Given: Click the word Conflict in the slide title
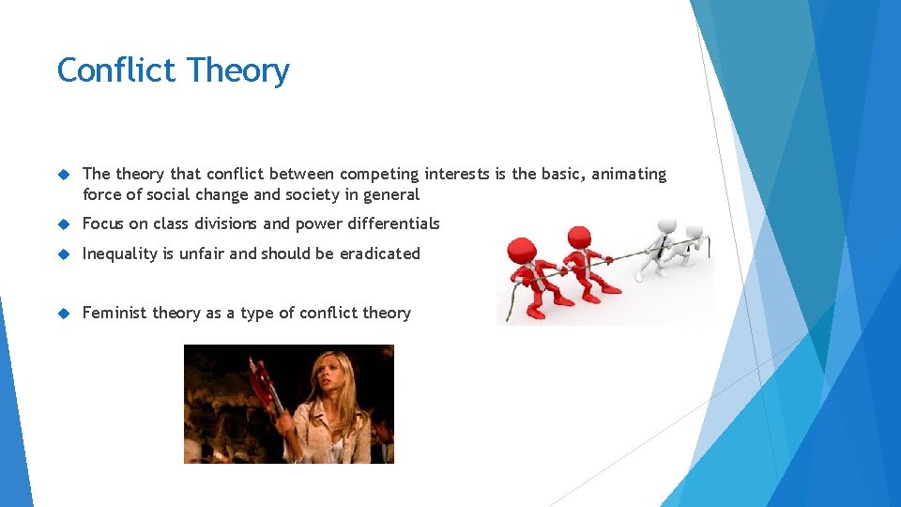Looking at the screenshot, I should pos(117,70).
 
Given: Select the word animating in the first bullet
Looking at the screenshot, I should pos(629,175).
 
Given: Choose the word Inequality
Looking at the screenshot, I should pos(121,253).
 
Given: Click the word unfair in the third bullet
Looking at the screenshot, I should pos(201,253).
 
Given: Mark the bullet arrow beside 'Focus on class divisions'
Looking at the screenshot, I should pos(64,223).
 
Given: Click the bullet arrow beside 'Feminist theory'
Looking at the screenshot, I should pos(64,313).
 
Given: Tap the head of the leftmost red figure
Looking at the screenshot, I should pos(523,249).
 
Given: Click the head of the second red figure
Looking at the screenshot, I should pos(579,238).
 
